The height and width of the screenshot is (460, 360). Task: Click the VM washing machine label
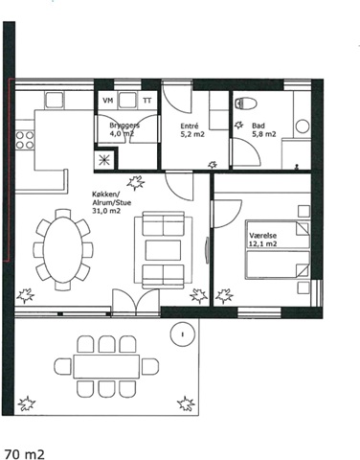108,101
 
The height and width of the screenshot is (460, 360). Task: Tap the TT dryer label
147,101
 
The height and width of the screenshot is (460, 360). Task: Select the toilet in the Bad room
246,103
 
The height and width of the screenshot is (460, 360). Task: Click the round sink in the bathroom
303,126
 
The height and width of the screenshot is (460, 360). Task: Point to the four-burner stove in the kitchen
25,140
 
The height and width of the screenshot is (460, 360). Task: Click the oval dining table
63,250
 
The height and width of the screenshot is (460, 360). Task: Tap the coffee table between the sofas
163,250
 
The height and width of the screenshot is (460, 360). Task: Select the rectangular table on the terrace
106,366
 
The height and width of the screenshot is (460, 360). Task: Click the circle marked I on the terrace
183,334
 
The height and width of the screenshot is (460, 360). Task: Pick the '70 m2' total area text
24,454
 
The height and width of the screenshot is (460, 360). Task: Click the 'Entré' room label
190,126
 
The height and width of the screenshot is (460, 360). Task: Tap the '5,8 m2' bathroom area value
263,134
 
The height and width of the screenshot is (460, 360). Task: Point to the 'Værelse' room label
262,236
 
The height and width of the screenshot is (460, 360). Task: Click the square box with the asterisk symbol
104,159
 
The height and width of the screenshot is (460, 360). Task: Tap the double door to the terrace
136,303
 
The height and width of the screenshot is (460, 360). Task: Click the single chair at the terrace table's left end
62,366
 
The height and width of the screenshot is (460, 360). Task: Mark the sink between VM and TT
128,101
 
